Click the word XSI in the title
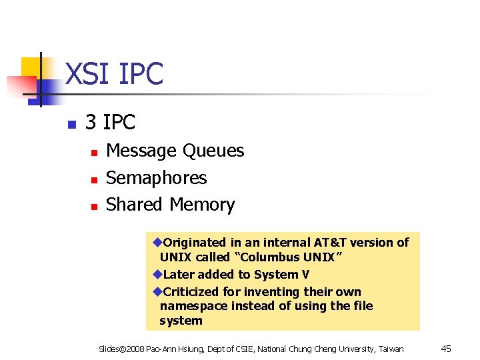tap(89, 74)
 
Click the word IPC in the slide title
tap(140, 74)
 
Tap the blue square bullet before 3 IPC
tap(71, 124)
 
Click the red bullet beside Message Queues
tap(95, 153)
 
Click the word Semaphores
tap(157, 178)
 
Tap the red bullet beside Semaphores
tap(95, 180)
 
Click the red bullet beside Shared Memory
tap(95, 207)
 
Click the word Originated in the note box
tap(195, 243)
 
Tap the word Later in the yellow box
tap(179, 275)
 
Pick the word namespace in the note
tap(193, 306)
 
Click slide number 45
tap(447, 348)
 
